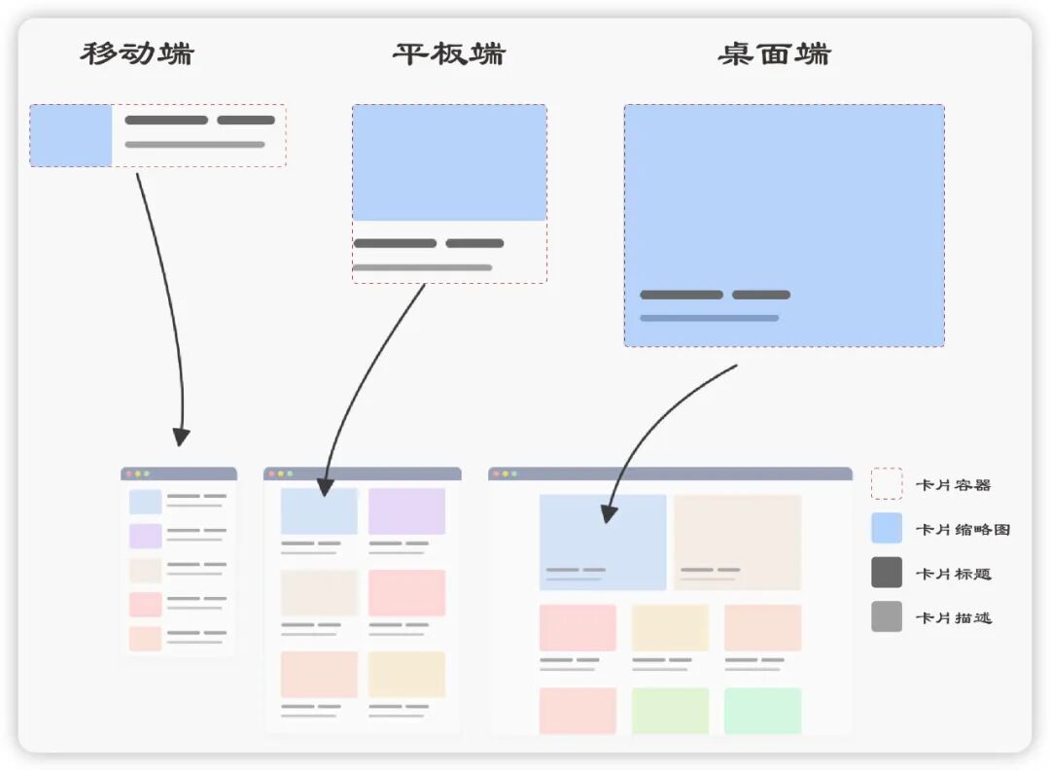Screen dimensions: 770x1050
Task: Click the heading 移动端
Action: pos(137,53)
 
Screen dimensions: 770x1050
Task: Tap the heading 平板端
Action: pos(449,53)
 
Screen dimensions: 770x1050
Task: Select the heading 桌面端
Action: pos(774,53)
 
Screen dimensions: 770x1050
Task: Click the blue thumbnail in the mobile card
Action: pos(71,135)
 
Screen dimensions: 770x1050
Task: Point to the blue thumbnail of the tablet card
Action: pos(449,162)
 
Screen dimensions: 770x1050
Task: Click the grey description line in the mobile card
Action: pos(194,145)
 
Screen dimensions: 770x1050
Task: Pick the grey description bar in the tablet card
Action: pos(422,267)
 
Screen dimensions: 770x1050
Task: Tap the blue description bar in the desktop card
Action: pos(709,318)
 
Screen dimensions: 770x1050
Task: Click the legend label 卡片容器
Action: pos(953,484)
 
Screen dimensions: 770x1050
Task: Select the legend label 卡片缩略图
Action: pos(962,529)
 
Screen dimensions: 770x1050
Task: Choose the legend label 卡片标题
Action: pos(953,574)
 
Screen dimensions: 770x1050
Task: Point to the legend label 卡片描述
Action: pos(953,617)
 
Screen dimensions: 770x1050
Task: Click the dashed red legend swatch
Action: pos(886,483)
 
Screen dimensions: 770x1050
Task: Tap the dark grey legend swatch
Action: pos(886,573)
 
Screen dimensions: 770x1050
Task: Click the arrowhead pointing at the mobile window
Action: pos(181,437)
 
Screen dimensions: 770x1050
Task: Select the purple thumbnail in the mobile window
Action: pos(145,536)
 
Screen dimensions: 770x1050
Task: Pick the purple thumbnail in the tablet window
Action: pos(406,511)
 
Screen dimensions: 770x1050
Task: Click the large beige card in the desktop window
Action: pos(737,542)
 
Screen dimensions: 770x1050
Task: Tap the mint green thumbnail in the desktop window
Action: pos(762,711)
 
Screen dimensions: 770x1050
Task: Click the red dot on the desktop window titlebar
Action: pos(495,473)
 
